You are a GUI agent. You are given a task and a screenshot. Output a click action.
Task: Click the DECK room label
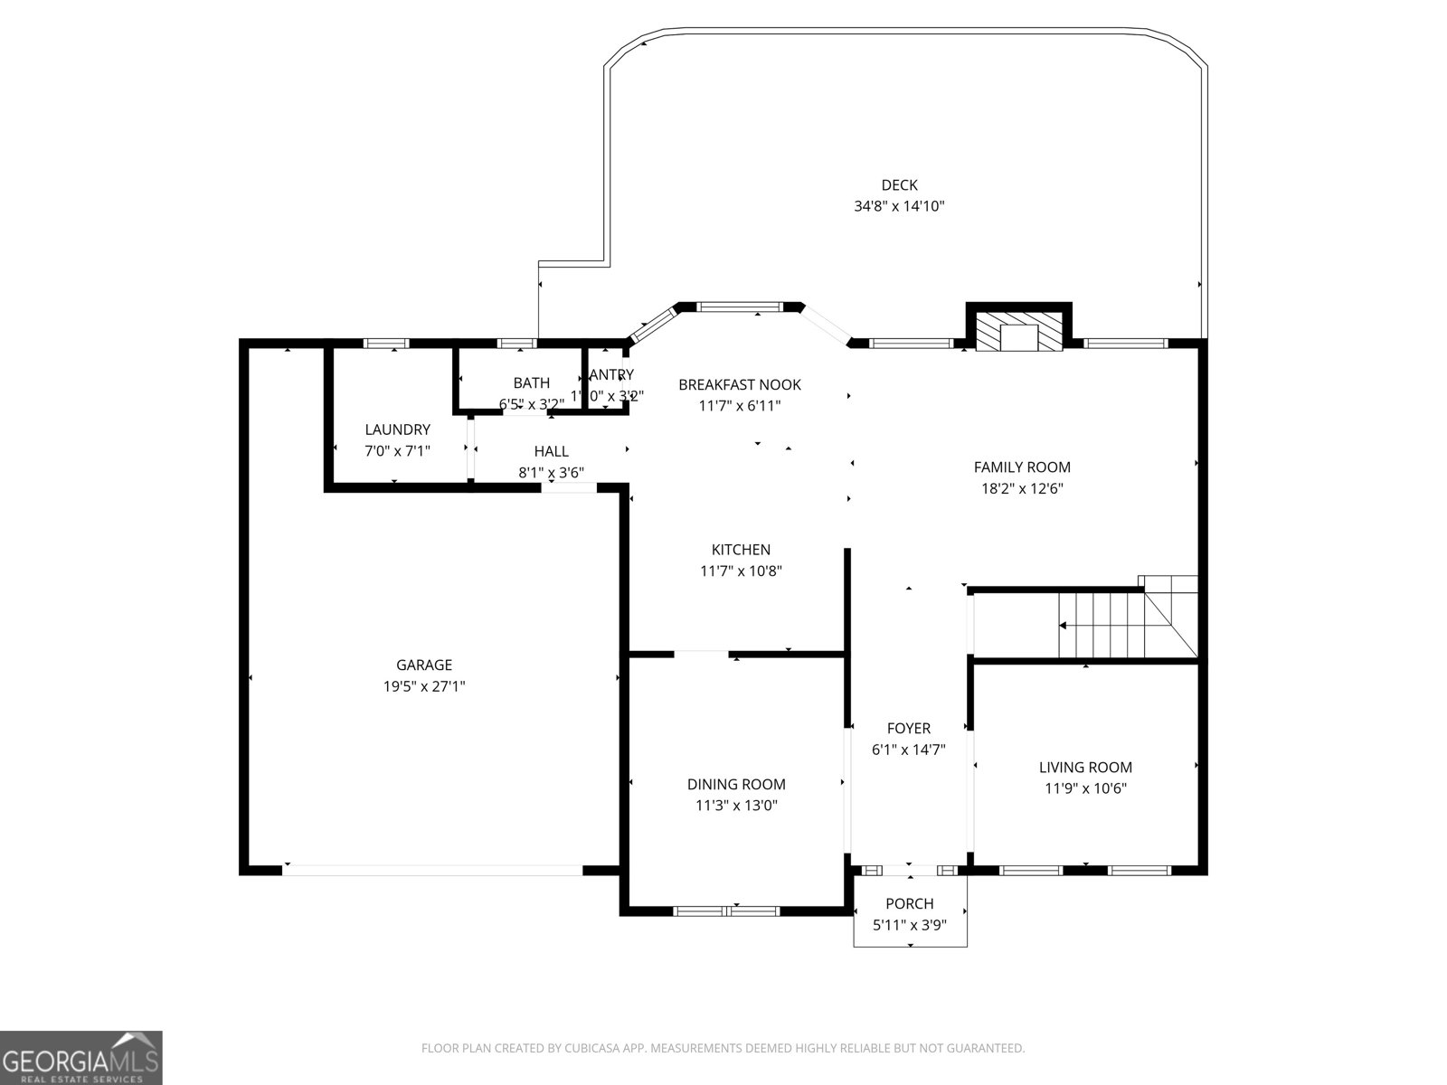(899, 185)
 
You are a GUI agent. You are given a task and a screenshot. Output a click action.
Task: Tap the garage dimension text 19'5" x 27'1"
(424, 686)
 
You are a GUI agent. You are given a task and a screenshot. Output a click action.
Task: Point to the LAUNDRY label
(397, 429)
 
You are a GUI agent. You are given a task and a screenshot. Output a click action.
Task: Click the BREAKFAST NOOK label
(739, 385)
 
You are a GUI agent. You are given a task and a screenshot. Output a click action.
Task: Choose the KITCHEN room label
(741, 550)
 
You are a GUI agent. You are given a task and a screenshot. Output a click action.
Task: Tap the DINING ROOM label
(736, 785)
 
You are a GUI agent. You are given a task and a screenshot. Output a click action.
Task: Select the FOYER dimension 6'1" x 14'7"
(908, 750)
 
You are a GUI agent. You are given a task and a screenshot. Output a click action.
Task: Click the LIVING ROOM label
(1085, 768)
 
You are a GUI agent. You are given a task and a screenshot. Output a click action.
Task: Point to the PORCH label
(909, 904)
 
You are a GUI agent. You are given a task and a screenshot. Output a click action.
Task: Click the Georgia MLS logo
(81, 1057)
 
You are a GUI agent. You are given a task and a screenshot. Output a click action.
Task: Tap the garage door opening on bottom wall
(432, 870)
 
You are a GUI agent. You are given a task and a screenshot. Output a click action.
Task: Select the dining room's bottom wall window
(727, 911)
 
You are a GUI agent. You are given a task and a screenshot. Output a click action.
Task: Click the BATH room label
(531, 383)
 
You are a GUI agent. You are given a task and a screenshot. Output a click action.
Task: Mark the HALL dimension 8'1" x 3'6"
(551, 472)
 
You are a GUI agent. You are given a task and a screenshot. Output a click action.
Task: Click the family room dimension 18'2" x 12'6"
(1022, 489)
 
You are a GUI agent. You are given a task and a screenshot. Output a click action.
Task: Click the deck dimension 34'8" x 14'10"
(899, 206)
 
